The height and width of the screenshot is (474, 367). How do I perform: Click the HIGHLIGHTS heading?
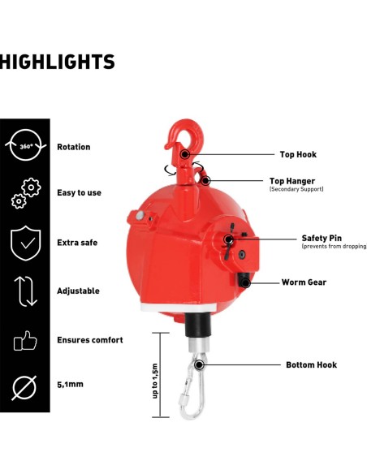(57, 62)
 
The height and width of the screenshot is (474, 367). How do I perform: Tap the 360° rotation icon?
(26, 145)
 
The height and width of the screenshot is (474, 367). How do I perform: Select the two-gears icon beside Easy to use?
(26, 193)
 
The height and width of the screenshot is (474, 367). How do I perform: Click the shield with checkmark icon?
(26, 243)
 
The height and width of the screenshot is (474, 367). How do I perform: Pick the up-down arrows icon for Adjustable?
(26, 291)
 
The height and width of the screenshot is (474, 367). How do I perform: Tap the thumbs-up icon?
(25, 341)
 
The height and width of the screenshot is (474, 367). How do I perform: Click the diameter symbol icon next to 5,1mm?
(24, 388)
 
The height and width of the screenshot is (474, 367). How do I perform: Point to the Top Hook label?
(298, 154)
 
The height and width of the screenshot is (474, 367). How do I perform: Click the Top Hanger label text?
(292, 181)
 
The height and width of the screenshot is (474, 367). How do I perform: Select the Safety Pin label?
(322, 238)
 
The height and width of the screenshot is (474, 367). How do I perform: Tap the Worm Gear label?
(304, 282)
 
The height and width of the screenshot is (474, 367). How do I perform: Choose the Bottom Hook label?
(311, 365)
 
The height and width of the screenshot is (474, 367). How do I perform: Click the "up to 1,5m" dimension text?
(155, 381)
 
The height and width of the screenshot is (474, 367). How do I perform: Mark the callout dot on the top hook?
(184, 154)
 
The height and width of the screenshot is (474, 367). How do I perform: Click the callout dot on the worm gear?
(245, 283)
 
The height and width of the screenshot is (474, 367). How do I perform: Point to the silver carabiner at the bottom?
(192, 386)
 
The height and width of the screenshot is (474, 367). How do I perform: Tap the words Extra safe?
(77, 243)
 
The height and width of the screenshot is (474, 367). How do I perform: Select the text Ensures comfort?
(90, 340)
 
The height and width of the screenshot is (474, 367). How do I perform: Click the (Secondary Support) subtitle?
(296, 189)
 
